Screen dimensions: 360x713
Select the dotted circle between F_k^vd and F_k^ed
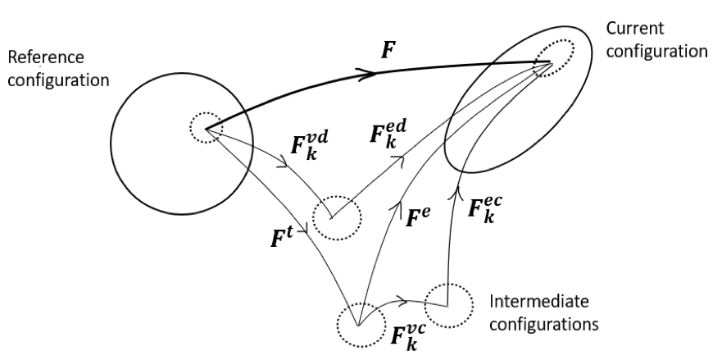click(337, 217)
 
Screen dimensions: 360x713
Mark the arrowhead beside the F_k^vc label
click(401, 300)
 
